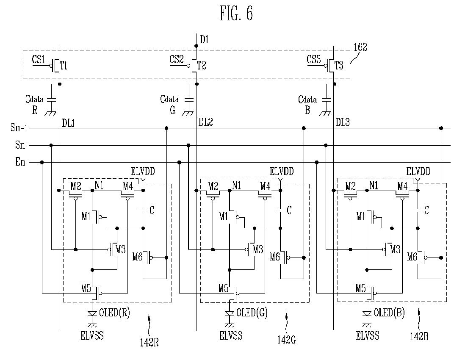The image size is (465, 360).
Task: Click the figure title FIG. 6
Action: tap(236, 14)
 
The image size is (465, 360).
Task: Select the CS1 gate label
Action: tap(39, 59)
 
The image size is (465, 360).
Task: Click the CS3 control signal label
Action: tap(314, 59)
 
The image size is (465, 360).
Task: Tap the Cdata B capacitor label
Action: tap(307, 104)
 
